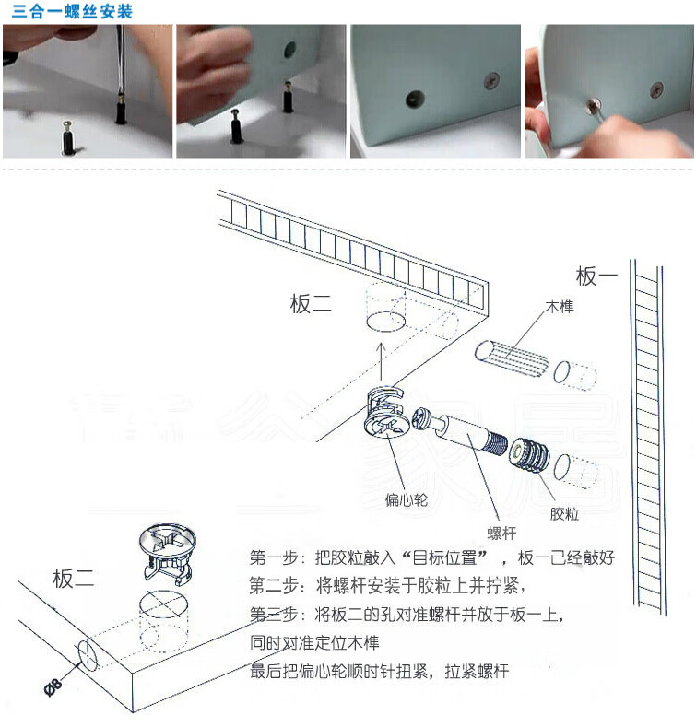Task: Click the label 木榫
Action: click(560, 306)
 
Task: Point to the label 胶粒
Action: click(565, 512)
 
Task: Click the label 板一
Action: click(596, 275)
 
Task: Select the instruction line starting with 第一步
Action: click(431, 558)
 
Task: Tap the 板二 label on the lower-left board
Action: click(74, 579)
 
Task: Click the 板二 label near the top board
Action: click(311, 304)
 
